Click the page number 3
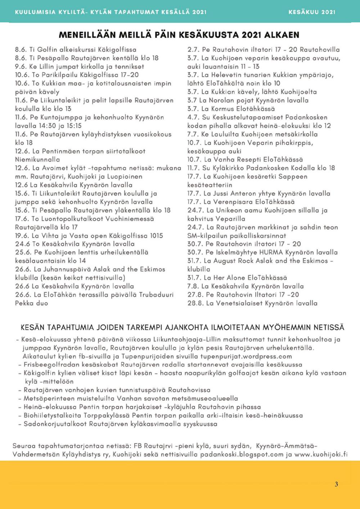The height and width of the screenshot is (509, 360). (336, 484)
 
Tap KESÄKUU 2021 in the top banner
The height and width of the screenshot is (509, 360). (312, 12)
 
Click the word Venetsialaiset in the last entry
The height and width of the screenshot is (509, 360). (235, 303)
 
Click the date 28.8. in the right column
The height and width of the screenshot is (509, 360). (196, 303)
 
